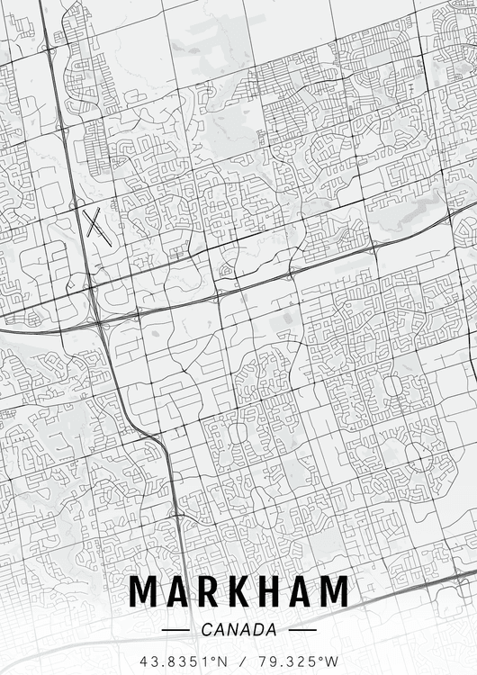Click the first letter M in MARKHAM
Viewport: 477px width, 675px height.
coord(145,591)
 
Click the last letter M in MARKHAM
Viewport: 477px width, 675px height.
coord(332,591)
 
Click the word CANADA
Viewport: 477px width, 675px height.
coord(239,630)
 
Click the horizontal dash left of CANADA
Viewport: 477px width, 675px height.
coord(175,630)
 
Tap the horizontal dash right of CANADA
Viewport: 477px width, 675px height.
coord(303,630)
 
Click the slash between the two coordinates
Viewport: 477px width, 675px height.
coord(240,661)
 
